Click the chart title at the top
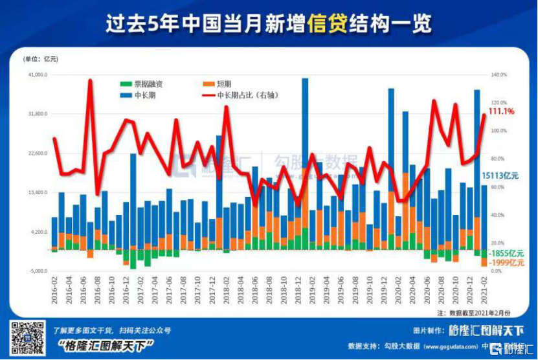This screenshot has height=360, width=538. (269, 24)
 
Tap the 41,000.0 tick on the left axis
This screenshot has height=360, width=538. (37, 74)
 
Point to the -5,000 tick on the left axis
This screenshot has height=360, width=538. (38, 271)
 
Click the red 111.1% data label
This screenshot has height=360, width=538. (501, 111)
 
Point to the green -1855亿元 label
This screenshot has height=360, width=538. (506, 253)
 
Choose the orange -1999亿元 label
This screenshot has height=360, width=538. (506, 262)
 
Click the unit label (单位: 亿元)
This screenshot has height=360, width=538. (41, 59)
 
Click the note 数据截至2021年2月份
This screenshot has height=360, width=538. (480, 312)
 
